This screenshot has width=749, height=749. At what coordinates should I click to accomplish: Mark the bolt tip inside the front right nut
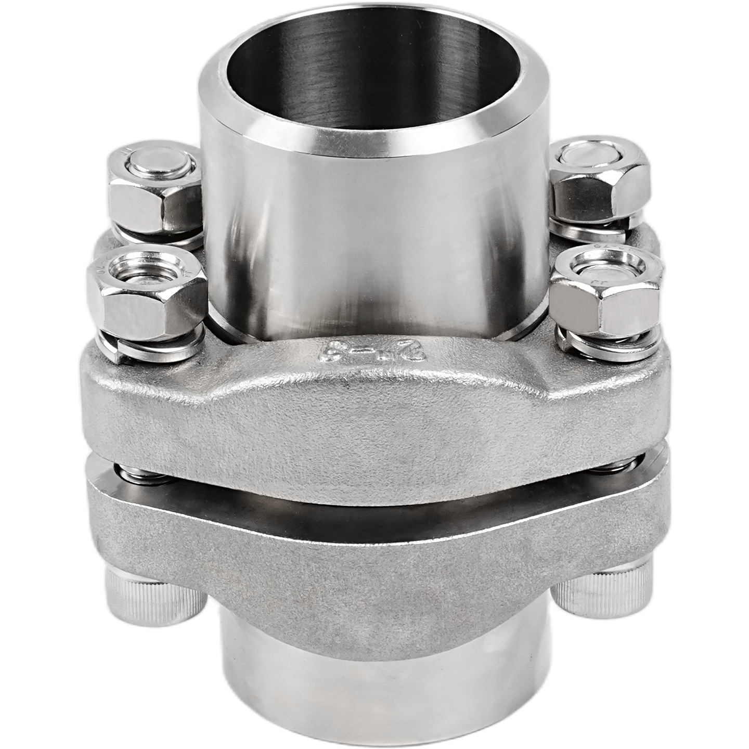click(x=606, y=268)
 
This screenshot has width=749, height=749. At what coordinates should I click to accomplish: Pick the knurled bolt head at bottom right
click(x=598, y=593)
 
